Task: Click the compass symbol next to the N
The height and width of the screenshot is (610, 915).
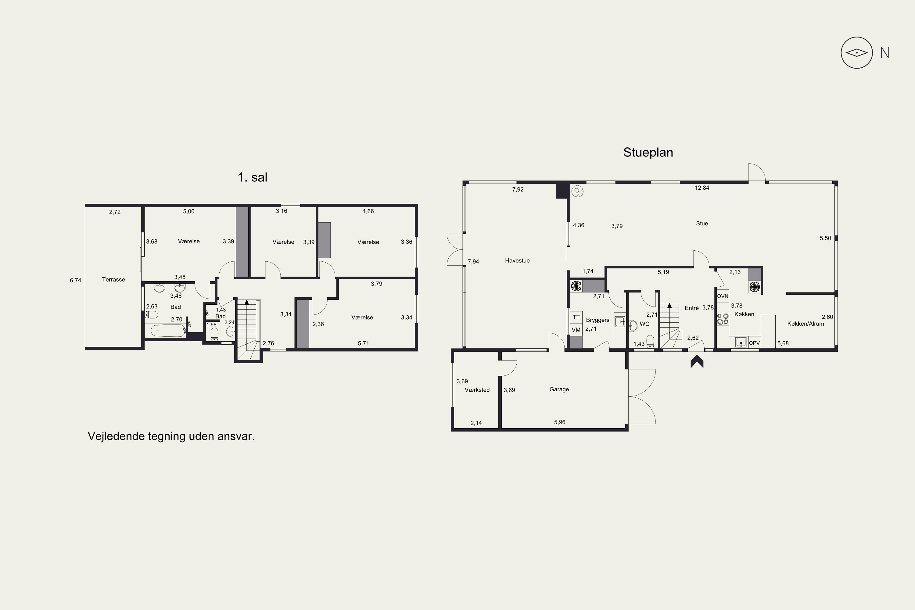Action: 857,53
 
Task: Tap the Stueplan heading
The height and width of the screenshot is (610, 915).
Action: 648,152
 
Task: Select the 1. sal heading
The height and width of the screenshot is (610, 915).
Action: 253,178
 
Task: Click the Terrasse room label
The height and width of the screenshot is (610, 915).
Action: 113,279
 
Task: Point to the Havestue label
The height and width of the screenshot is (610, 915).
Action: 517,261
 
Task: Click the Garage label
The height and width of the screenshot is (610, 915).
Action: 559,389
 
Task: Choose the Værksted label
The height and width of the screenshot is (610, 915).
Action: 477,390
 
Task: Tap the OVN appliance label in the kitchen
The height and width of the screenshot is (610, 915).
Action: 723,296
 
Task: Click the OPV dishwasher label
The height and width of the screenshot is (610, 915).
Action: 754,343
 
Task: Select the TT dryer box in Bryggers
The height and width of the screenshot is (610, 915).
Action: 576,317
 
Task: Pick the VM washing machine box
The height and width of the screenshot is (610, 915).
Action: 576,329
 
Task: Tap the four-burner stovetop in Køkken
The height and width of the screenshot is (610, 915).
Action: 723,319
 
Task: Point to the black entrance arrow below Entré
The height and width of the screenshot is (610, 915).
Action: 697,363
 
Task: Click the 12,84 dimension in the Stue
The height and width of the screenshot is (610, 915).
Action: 702,188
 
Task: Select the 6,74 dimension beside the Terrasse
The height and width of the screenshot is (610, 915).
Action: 75,280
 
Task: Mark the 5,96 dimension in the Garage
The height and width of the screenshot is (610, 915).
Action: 560,422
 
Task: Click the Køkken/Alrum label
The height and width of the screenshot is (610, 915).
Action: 806,324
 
